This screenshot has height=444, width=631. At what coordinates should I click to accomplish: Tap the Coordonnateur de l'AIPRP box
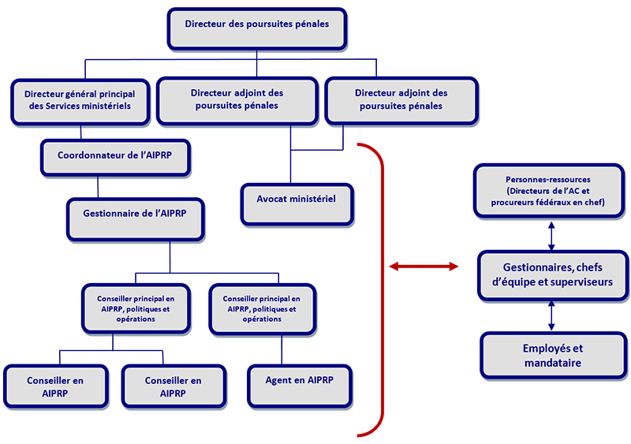[x=114, y=156]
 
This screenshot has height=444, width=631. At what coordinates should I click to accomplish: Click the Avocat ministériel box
[x=297, y=201]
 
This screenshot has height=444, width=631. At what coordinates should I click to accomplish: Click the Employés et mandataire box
[x=552, y=355]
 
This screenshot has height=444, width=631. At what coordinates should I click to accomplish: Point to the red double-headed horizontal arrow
[x=424, y=268]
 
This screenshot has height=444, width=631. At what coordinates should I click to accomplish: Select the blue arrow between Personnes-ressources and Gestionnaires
[x=551, y=235]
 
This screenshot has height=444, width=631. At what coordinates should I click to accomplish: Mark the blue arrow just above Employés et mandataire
[x=551, y=315]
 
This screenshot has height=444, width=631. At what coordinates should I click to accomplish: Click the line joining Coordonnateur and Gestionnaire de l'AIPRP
[x=97, y=186]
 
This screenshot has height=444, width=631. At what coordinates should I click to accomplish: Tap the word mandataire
[x=552, y=363]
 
